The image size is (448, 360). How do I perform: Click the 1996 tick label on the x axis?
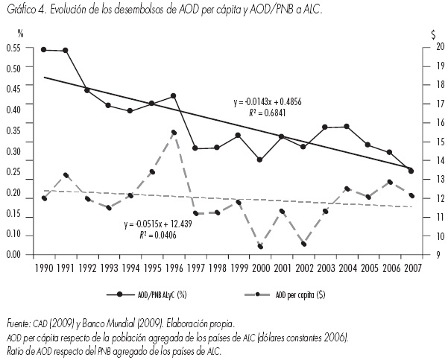click(173, 266)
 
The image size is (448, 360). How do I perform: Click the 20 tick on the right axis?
click(431, 47)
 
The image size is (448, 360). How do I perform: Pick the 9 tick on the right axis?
click(433, 255)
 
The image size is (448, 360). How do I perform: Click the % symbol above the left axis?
click(21, 34)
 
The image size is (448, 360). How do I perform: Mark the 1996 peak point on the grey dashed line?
click(173, 132)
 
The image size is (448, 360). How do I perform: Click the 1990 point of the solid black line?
click(44, 49)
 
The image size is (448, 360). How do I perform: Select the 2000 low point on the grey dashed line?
click(259, 245)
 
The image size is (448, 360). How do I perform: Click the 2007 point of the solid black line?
click(411, 171)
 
